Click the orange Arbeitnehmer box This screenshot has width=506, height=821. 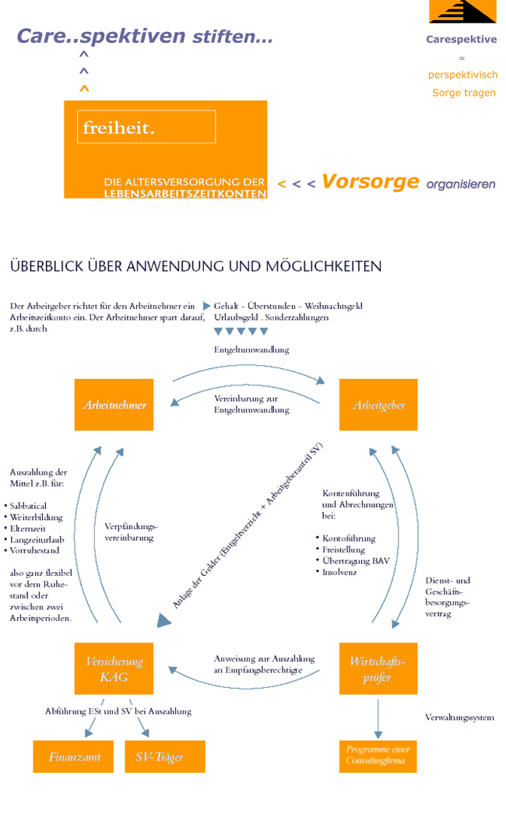click(x=114, y=405)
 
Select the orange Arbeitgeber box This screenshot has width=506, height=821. click(x=378, y=405)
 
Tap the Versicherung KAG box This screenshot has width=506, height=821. click(x=114, y=668)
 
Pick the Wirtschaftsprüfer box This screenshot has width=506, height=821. click(x=378, y=668)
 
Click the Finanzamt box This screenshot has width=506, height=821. click(x=73, y=756)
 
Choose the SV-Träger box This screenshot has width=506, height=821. click(x=165, y=756)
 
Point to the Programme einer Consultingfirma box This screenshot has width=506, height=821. click(x=378, y=756)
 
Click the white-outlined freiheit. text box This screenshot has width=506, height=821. click(x=146, y=127)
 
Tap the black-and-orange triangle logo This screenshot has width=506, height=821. click(x=462, y=12)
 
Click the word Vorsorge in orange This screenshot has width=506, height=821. click(x=371, y=181)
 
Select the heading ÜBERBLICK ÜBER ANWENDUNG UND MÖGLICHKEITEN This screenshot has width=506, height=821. click(x=196, y=266)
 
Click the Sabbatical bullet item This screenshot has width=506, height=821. click(x=28, y=506)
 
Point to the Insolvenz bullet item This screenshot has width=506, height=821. click(x=336, y=572)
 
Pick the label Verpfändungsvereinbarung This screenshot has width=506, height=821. click(x=131, y=532)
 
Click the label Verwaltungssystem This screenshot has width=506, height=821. click(x=459, y=717)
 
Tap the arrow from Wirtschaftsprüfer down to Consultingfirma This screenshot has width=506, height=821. click(x=378, y=718)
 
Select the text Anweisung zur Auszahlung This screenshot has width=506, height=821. click(x=264, y=658)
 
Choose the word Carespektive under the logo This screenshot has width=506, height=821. click(x=462, y=39)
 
